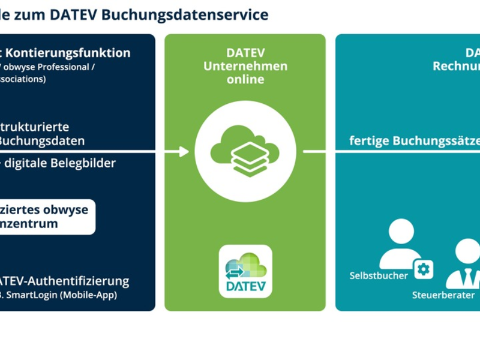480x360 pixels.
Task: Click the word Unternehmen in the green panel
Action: pos(245,66)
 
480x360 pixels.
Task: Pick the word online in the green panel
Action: pos(245,79)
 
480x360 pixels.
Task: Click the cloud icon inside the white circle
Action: pos(245,151)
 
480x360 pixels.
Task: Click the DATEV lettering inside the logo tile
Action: pos(245,285)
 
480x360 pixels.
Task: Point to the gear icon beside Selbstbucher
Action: pos(424,269)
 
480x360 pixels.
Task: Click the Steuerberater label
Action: pos(443,296)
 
